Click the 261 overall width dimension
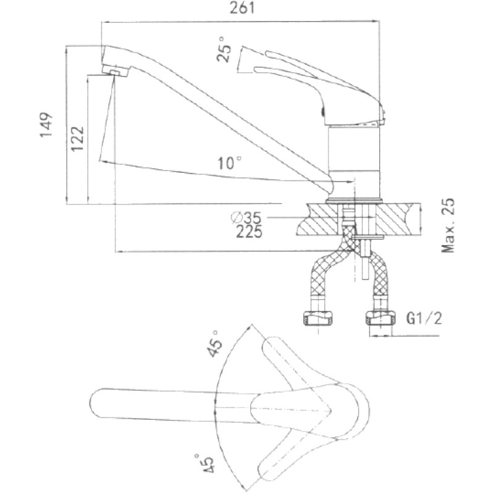pos(241,9)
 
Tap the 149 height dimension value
pos(46,125)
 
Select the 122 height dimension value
pos(77,138)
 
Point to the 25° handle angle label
pos(224,50)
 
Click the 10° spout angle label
pos(230,163)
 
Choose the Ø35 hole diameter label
pos(246,218)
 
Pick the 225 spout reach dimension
pos(249,232)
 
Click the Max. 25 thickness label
pos(448,225)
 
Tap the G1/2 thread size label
pos(424,319)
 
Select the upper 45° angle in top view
pos(214,344)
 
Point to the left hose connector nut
pos(317,318)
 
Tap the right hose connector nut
pos(380,318)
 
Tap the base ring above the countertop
pos(354,200)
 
